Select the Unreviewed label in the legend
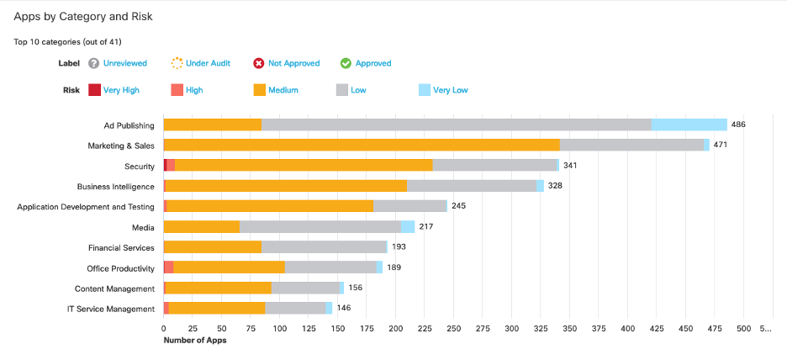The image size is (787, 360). click(x=124, y=63)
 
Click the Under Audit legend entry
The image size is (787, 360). click(x=208, y=63)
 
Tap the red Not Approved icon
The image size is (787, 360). click(x=260, y=63)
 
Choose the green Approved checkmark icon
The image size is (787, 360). click(x=346, y=63)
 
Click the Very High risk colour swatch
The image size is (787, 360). click(x=94, y=90)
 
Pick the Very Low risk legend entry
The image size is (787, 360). click(x=450, y=90)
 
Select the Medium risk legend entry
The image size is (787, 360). click(x=283, y=90)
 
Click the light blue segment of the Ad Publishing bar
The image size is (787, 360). click(x=689, y=124)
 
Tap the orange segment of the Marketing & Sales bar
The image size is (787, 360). click(x=362, y=145)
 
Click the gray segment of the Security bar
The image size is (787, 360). click(x=494, y=166)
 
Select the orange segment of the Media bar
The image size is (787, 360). click(x=202, y=227)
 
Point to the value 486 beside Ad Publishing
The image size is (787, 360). click(x=738, y=124)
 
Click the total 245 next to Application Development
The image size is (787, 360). click(x=458, y=206)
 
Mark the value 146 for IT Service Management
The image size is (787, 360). click(x=344, y=309)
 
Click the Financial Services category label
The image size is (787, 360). click(x=121, y=248)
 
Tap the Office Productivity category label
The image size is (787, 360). click(x=120, y=268)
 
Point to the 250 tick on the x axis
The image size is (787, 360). click(x=453, y=328)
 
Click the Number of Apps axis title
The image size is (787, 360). click(x=194, y=341)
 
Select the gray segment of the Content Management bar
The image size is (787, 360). click(x=305, y=289)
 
